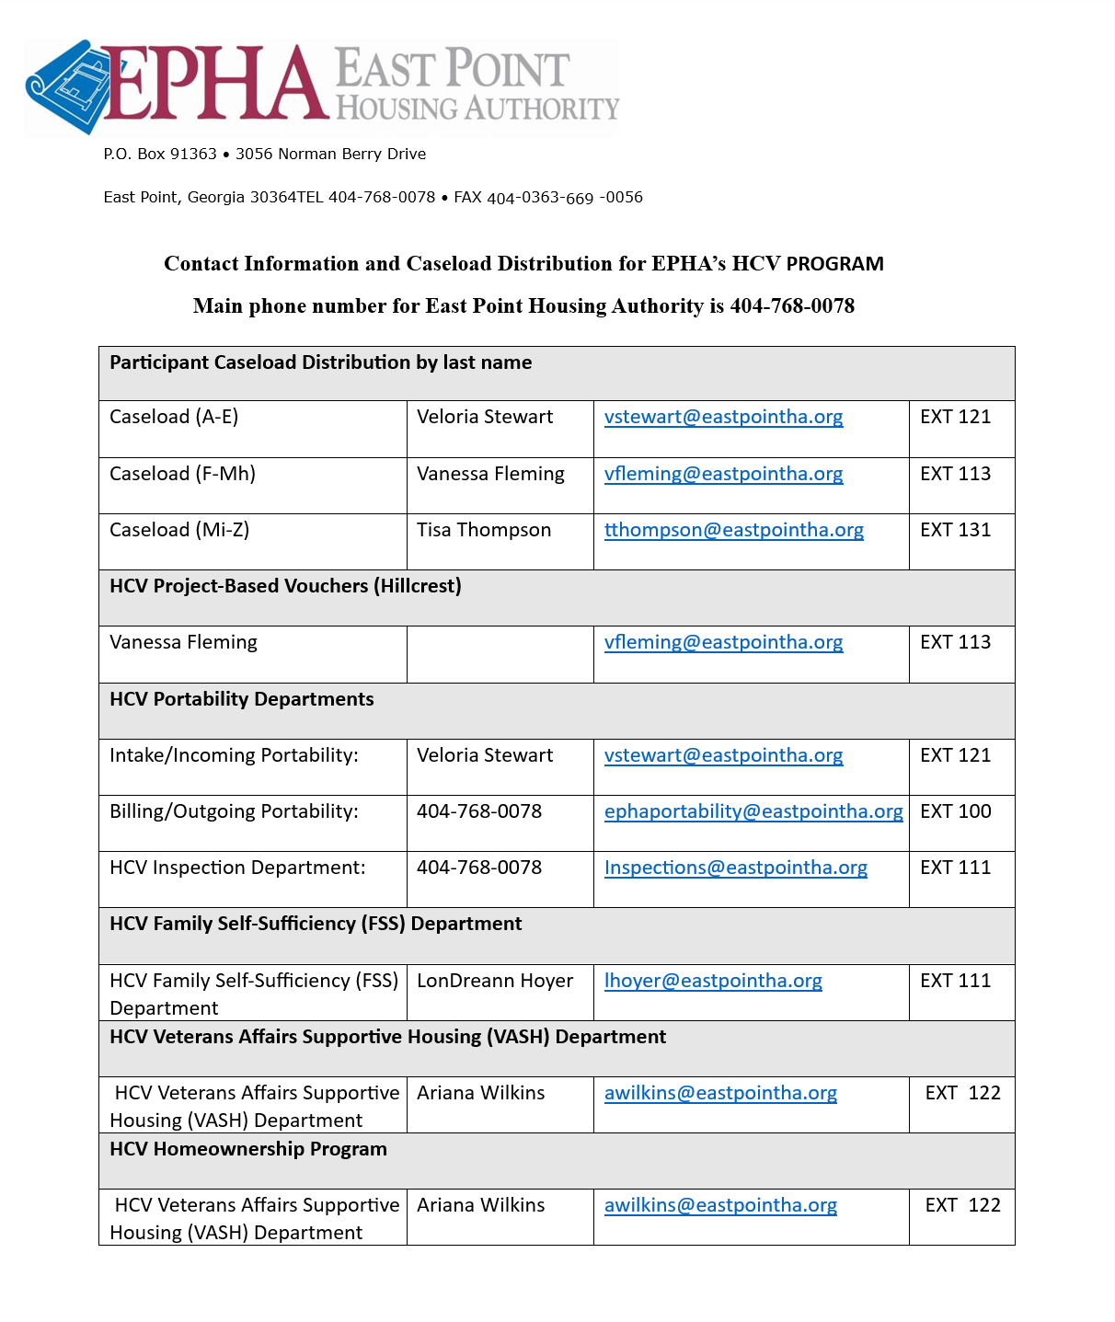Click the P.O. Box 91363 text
point(160,155)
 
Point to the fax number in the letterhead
point(564,198)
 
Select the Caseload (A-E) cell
point(174,417)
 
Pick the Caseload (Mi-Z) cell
point(179,530)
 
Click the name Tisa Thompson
point(484,530)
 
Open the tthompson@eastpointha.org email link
point(733,530)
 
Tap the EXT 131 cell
point(955,530)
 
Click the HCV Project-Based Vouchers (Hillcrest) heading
point(285,586)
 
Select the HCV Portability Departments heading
point(242,699)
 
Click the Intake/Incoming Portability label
point(234,755)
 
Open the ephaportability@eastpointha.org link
point(753,811)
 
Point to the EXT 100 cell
point(955,811)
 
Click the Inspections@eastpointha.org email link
point(735,868)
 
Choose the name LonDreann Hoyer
point(495,981)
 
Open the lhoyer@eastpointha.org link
point(713,981)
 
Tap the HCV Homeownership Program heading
point(248,1149)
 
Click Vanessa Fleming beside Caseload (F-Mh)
point(490,474)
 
